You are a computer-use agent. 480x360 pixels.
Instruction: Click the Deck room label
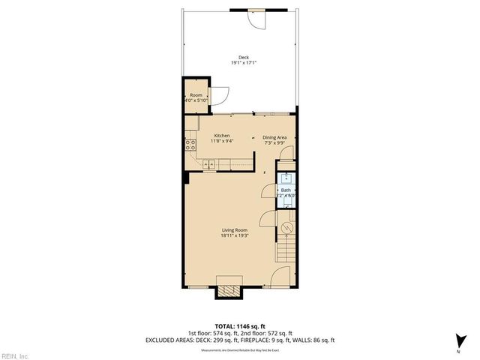(243, 58)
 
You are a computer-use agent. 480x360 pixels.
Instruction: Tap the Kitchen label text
(211, 136)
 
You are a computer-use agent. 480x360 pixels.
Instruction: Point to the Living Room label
(234, 230)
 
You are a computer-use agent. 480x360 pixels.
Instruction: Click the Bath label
(286, 190)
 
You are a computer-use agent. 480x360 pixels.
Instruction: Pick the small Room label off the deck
(196, 95)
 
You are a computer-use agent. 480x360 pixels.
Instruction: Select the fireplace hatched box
(229, 290)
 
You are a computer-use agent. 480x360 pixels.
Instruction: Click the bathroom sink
(286, 178)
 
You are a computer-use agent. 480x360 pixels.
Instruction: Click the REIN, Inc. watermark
(15, 355)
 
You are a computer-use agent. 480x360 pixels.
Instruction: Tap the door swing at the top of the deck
(257, 19)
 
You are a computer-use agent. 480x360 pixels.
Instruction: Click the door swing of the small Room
(220, 96)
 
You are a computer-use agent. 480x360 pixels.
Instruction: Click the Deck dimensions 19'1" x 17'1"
(243, 63)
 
